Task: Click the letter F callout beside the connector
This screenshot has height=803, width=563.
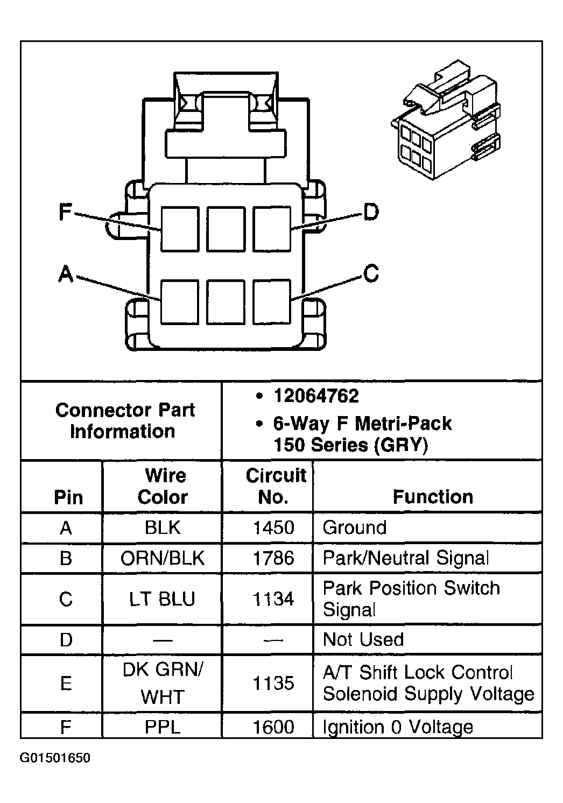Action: click(65, 212)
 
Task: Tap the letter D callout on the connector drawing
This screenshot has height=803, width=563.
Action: click(371, 212)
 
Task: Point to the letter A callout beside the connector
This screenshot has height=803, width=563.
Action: click(66, 274)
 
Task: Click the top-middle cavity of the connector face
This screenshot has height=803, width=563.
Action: click(226, 229)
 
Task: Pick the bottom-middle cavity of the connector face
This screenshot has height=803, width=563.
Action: click(226, 301)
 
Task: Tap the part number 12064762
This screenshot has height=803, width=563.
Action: click(316, 396)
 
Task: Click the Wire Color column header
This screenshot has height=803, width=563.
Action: click(163, 486)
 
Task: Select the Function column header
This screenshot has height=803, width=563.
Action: click(433, 496)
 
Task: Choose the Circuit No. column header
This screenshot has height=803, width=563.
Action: click(275, 486)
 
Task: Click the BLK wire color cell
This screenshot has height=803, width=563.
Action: click(163, 527)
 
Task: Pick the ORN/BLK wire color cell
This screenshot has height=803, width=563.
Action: click(163, 558)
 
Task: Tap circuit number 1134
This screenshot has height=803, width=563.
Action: click(273, 599)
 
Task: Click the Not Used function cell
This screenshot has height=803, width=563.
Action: click(363, 639)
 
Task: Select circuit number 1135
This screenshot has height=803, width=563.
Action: click(273, 684)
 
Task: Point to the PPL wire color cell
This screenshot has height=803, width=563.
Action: click(163, 727)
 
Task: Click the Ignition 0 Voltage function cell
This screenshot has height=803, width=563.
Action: click(398, 727)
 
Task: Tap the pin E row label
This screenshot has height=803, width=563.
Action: click(66, 684)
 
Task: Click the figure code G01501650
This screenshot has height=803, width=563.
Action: click(55, 758)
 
